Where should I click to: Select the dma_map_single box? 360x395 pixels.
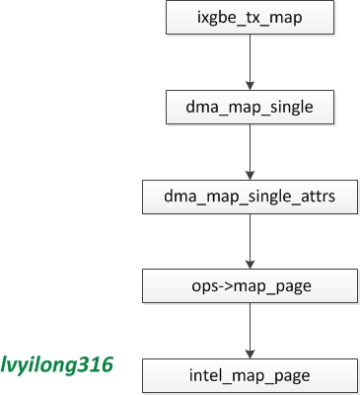(252, 104)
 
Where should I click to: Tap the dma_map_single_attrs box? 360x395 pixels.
(252, 197)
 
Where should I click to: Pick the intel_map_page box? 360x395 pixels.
(252, 376)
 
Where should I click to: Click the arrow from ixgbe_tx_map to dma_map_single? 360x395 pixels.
(252, 57)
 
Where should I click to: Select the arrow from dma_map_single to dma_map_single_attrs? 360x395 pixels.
(252, 149)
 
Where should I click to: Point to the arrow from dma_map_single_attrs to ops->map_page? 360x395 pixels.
(252, 240)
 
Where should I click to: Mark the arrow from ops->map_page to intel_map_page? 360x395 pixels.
(252, 330)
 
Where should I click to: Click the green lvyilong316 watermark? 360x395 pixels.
(57, 364)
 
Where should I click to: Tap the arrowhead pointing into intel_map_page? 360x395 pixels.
(252, 354)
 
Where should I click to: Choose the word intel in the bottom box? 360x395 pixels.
(211, 376)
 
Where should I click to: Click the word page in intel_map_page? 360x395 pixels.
(293, 376)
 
